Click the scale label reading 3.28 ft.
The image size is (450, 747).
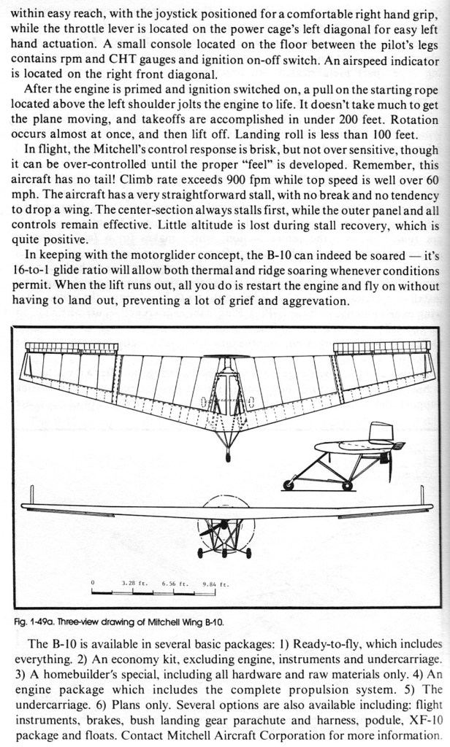pyautogui.click(x=133, y=584)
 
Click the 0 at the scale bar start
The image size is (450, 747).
pyautogui.click(x=93, y=584)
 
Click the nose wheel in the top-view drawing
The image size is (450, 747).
pyautogui.click(x=227, y=457)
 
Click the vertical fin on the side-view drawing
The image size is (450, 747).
pyautogui.click(x=379, y=432)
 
